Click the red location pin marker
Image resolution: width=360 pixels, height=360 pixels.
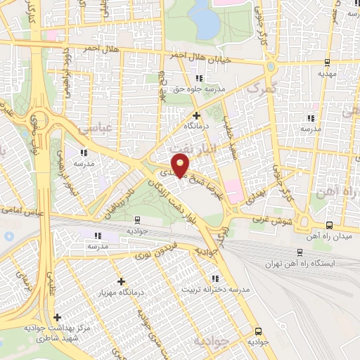[181, 167]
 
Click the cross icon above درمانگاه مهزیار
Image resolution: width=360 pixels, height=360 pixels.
[121, 281]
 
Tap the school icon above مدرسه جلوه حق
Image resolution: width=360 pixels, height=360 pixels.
[200, 77]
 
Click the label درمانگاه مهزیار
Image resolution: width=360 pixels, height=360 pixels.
[122, 292]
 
